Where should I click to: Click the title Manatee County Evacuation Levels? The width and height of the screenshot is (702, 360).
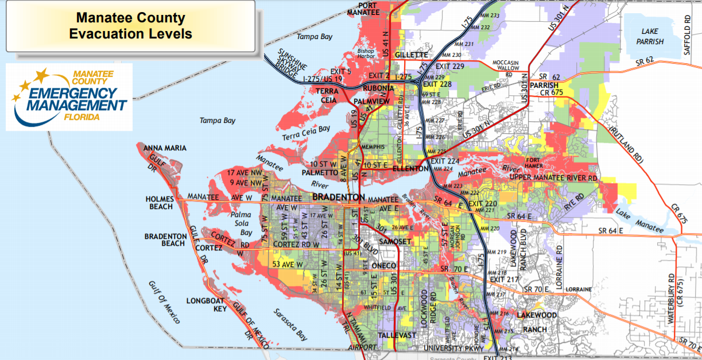coord(130,26)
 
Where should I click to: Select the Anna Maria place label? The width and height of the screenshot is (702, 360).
coord(165,148)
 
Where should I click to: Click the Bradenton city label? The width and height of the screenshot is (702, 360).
coord(338,198)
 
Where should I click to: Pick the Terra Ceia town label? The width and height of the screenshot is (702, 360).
coord(325,95)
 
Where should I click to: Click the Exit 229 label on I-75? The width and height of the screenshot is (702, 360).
coord(450,67)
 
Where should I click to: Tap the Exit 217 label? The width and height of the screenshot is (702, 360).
coord(504,280)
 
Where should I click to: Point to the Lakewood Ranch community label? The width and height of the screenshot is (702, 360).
coord(537,322)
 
